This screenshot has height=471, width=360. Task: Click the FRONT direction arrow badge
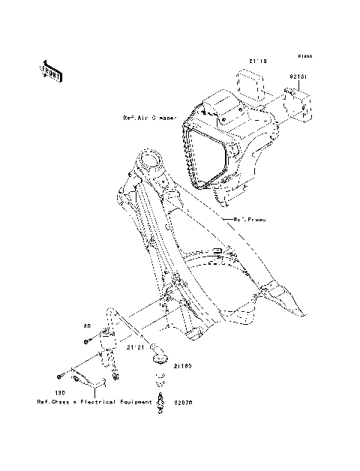(x=51, y=70)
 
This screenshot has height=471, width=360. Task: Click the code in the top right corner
(x=305, y=56)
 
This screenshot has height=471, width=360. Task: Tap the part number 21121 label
(x=135, y=347)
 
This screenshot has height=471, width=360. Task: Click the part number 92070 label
(x=184, y=402)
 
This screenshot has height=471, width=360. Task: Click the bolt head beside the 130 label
(x=57, y=376)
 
